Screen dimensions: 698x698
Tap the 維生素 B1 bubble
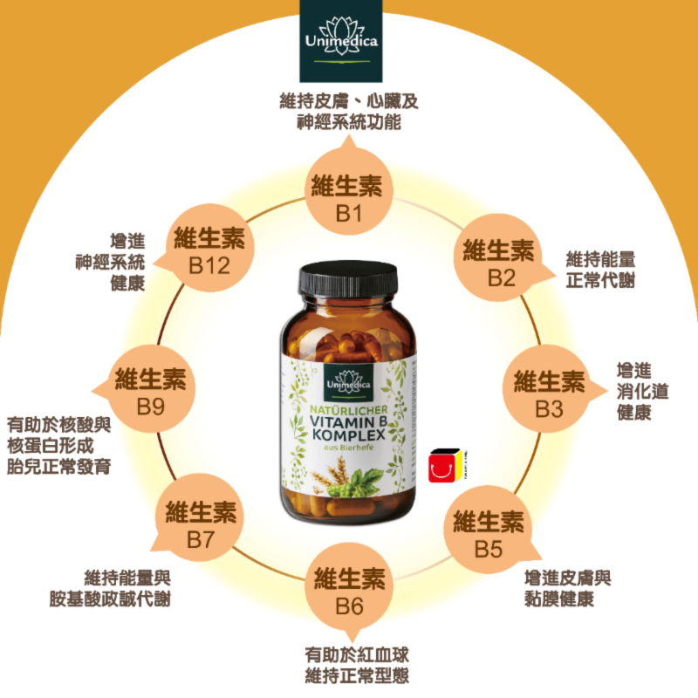[348, 198]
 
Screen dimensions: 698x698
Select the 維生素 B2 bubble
[498, 263]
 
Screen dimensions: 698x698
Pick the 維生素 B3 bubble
[550, 393]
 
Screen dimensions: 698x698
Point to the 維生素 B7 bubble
[201, 524]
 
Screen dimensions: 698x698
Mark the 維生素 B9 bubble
[150, 393]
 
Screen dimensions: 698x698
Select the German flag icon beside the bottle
[445, 469]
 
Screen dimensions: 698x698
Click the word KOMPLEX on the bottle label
[348, 440]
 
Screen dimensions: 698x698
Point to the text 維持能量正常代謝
[600, 270]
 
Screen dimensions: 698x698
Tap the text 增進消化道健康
[642, 392]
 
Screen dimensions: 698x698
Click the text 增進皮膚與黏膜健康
[568, 589]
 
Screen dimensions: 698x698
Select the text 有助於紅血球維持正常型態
[357, 665]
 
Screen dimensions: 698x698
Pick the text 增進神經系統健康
[110, 263]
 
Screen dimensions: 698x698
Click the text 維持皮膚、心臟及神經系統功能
[349, 112]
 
